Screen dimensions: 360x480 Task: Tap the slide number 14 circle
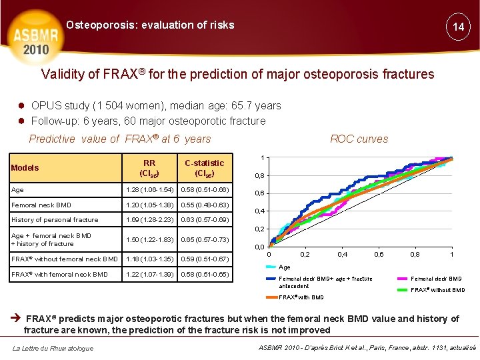tap(458, 27)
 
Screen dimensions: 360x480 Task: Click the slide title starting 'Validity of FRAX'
tap(238, 74)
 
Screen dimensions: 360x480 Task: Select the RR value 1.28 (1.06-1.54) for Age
tap(149, 190)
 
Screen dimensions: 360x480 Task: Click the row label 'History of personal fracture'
tap(55, 220)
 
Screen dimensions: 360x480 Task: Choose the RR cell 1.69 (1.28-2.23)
tap(149, 220)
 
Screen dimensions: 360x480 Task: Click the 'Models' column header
tap(25, 168)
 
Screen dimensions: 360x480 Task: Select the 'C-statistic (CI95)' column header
tap(205, 167)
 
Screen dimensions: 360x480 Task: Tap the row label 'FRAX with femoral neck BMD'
tap(59, 275)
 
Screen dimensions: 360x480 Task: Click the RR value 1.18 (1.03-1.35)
tap(149, 259)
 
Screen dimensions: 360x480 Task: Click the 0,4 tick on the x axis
tap(342, 255)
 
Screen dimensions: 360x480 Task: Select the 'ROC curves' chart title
tap(359, 139)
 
